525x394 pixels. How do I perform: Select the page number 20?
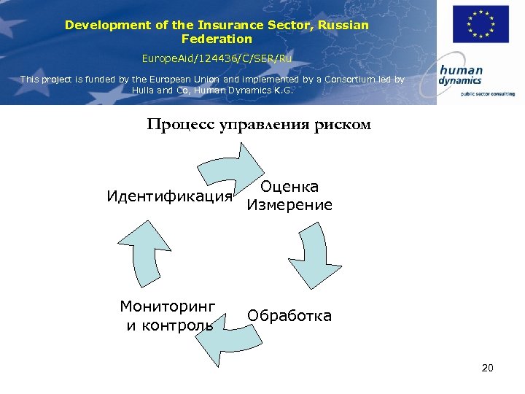click(x=488, y=368)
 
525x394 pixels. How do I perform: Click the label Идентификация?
click(x=169, y=196)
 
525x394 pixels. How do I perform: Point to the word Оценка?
click(x=289, y=188)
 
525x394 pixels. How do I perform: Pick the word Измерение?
click(x=289, y=206)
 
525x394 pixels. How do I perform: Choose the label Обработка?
click(x=289, y=316)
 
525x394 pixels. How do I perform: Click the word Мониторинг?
click(x=168, y=306)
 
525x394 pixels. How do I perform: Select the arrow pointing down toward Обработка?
click(x=311, y=255)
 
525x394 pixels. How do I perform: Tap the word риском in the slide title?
click(x=343, y=124)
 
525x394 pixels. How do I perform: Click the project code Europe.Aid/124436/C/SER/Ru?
click(x=217, y=57)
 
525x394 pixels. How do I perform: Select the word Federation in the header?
click(x=217, y=39)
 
